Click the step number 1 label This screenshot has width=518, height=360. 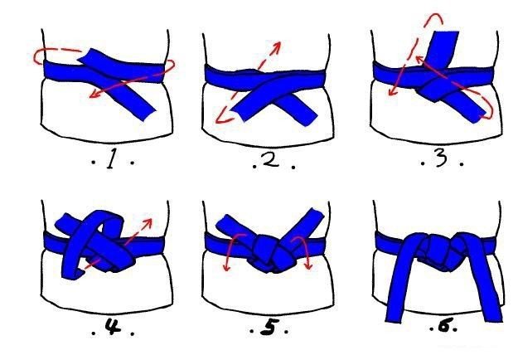pos(111,161)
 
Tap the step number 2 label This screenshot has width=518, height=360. pos(272,161)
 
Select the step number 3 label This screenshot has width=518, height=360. pos(441,158)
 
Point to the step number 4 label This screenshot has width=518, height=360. pos(113,327)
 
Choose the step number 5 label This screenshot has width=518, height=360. pos(269,327)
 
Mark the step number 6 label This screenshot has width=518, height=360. pos(444,327)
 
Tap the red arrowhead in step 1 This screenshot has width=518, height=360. pos(94,94)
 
